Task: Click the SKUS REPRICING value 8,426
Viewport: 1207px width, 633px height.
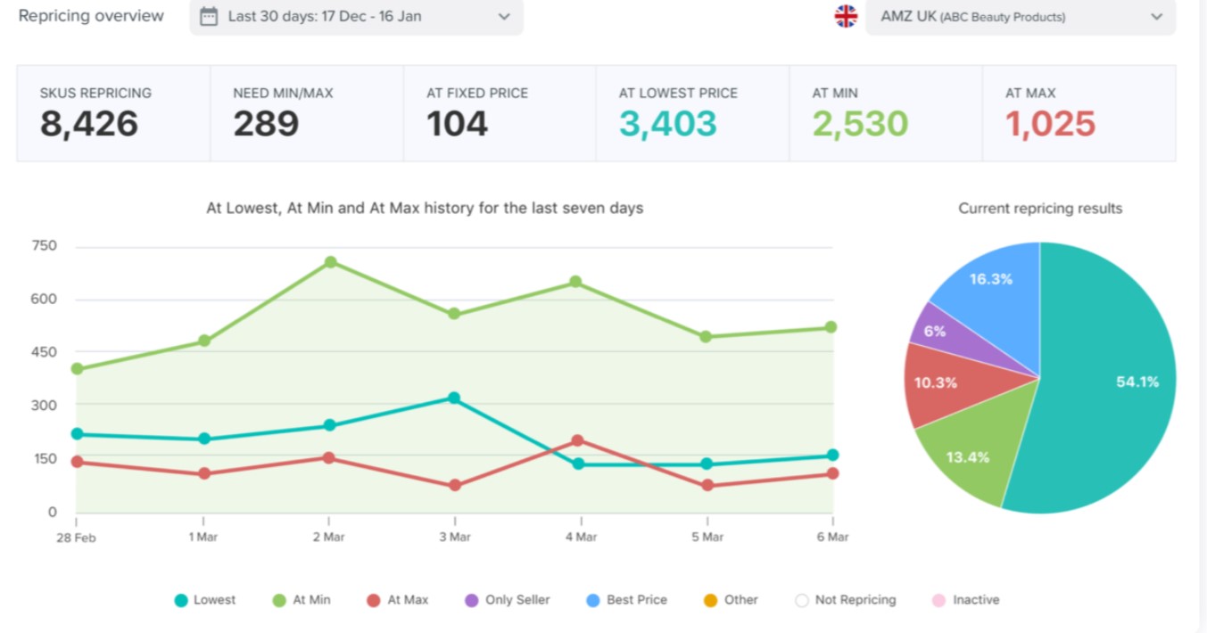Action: click(88, 124)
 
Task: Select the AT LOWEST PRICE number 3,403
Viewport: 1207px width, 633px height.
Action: click(667, 124)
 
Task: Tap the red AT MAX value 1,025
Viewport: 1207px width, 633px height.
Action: click(1050, 124)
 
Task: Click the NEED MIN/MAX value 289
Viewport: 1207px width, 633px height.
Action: click(266, 124)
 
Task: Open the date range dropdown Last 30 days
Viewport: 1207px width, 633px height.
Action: click(356, 16)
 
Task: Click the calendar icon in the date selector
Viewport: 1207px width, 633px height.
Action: click(209, 16)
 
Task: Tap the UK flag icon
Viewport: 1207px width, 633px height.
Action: click(845, 16)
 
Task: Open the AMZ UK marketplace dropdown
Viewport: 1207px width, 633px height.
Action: click(1020, 16)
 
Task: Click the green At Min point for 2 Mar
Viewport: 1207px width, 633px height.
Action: click(330, 262)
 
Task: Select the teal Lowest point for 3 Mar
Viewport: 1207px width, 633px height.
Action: click(455, 399)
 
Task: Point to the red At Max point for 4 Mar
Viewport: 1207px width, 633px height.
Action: click(578, 440)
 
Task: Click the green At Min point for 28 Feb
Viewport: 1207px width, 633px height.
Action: click(77, 369)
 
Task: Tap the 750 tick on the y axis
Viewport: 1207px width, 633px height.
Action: click(44, 246)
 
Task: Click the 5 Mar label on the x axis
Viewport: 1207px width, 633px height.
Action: click(707, 537)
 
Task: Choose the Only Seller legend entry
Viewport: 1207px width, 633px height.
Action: click(508, 600)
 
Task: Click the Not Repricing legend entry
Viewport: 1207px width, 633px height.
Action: click(846, 600)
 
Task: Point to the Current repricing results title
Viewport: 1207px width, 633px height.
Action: click(1040, 209)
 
